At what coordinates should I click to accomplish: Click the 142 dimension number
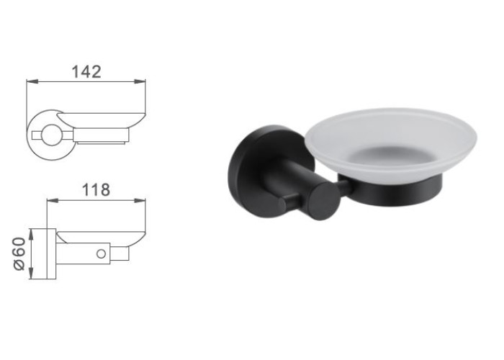click(x=86, y=72)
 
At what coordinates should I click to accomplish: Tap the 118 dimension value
click(x=96, y=190)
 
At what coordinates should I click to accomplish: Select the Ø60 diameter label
click(x=19, y=254)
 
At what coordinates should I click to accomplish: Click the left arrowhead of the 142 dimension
click(x=32, y=81)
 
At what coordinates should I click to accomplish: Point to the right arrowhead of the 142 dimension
click(x=140, y=81)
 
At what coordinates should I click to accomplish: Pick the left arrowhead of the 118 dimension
click(x=53, y=201)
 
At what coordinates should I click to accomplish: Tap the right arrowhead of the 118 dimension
click(x=140, y=201)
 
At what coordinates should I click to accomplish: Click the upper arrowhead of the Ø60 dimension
click(x=31, y=234)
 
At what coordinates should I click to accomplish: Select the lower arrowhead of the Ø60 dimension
click(x=31, y=274)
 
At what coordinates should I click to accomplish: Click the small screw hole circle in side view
click(x=101, y=254)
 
